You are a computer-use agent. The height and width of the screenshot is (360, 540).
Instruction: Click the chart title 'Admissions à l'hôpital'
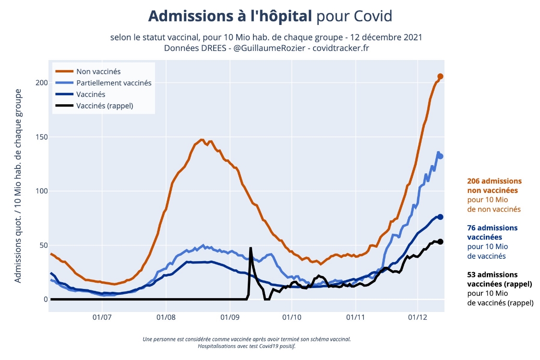[230, 16]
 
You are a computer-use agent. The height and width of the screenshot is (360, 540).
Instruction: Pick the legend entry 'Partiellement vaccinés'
[114, 83]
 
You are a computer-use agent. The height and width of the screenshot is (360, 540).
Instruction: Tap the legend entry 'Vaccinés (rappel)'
[105, 106]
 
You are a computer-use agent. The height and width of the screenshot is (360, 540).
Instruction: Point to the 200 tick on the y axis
[42, 83]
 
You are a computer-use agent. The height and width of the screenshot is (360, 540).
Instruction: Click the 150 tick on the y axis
[42, 137]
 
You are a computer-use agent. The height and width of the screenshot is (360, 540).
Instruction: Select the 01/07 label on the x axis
[102, 317]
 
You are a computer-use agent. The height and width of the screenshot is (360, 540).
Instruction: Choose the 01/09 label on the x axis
[229, 317]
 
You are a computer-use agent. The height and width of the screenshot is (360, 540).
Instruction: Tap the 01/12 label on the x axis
[418, 317]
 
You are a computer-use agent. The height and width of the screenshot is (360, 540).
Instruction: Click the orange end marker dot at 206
[440, 76]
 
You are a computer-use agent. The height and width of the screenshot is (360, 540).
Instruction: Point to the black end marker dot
[440, 241]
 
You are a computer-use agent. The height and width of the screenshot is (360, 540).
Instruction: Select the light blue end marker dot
[440, 156]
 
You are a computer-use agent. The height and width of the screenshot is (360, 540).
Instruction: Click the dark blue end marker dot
[440, 217]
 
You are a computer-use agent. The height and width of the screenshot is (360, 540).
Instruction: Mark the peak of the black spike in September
[251, 248]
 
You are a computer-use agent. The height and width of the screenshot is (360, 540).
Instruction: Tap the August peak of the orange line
[202, 140]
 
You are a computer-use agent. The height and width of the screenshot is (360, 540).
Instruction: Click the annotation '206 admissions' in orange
[494, 181]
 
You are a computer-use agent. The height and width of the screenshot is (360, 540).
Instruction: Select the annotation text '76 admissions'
[492, 228]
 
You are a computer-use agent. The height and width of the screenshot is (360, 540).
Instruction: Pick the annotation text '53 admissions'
[492, 275]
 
